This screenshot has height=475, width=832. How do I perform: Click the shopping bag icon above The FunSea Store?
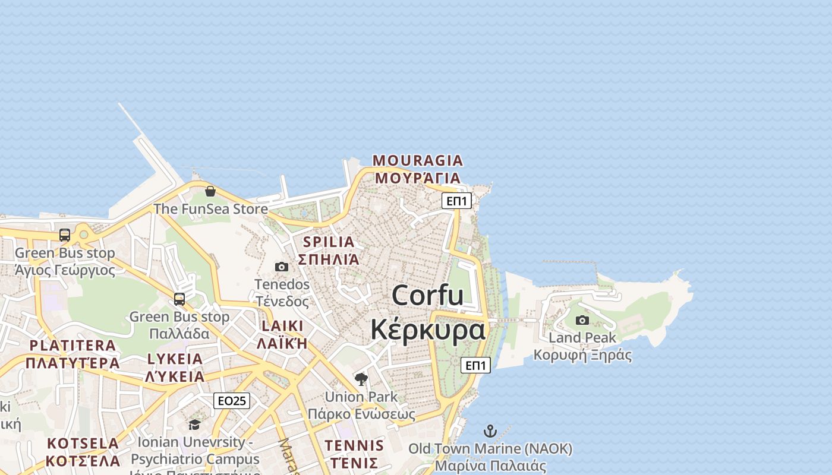coord(210,191)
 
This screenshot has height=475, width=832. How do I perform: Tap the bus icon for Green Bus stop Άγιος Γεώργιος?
coord(65,235)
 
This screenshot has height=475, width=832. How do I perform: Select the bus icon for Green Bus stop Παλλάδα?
coord(179,299)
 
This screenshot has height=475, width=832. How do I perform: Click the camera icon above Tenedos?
coord(282,267)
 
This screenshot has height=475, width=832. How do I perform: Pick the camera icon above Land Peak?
coord(582,321)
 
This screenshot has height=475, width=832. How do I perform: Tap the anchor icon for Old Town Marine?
coord(490,431)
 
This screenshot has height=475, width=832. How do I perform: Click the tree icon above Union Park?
coord(361,379)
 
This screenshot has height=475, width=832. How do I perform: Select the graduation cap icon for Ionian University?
coord(194,425)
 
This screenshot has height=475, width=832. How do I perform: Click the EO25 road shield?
coord(232,401)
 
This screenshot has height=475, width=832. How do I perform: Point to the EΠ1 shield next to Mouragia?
coord(457,201)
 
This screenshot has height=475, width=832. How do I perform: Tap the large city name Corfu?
coord(427,295)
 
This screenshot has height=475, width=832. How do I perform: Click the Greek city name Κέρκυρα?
coord(427,330)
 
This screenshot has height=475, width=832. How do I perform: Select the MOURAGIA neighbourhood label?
coord(417,160)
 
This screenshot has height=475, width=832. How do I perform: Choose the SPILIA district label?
coord(329,242)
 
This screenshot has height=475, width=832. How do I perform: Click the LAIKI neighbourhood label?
coord(282,326)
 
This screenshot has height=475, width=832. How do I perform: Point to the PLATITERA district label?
coord(73,346)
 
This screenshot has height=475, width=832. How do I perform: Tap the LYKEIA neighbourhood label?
coord(175,359)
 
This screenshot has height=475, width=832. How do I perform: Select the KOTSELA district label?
coord(83,444)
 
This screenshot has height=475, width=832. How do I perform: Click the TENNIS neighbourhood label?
coord(354,445)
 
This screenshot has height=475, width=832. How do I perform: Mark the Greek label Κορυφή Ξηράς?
coord(582,355)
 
